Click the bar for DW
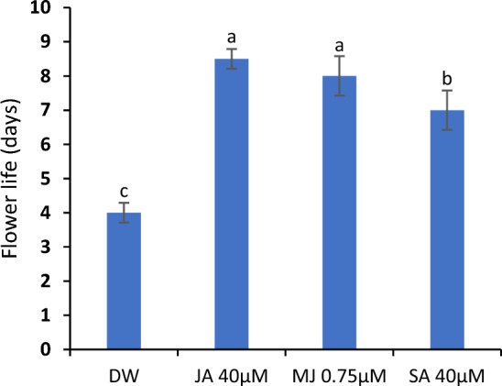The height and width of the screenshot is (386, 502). click(125, 281)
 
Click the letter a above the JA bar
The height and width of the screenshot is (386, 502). click(232, 38)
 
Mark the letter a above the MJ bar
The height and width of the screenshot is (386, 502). click(339, 44)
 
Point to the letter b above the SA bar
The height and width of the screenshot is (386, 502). click(445, 79)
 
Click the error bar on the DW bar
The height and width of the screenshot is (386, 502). click(125, 213)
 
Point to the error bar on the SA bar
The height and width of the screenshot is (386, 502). click(445, 110)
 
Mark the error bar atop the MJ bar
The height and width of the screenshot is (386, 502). click(339, 76)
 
